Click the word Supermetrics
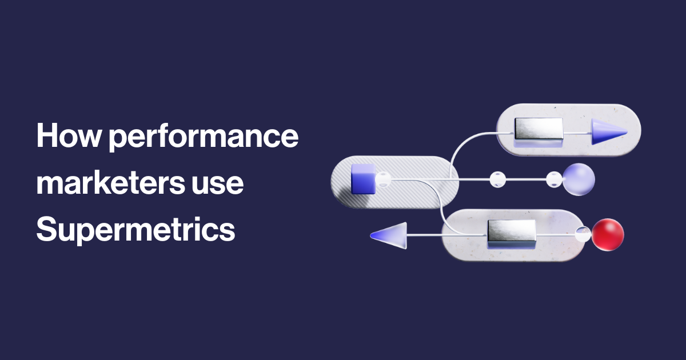point(136,230)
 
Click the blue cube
point(362,178)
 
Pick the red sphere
point(608,235)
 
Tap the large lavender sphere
point(579,179)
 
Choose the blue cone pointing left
point(390,234)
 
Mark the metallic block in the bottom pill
point(511,233)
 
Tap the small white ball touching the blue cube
point(383,179)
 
